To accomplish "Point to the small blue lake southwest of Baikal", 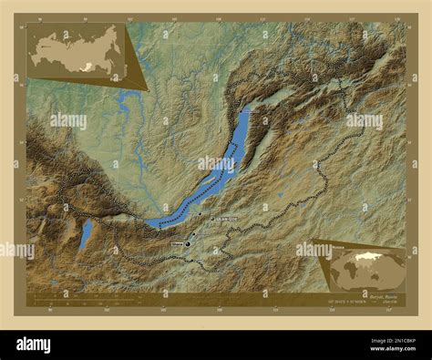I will pos(85,235).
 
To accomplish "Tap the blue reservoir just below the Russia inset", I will pos(124,102).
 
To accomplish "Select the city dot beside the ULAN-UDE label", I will pos(211,221).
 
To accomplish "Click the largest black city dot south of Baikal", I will pos(188,244).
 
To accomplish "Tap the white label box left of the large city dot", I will pos(177,244).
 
